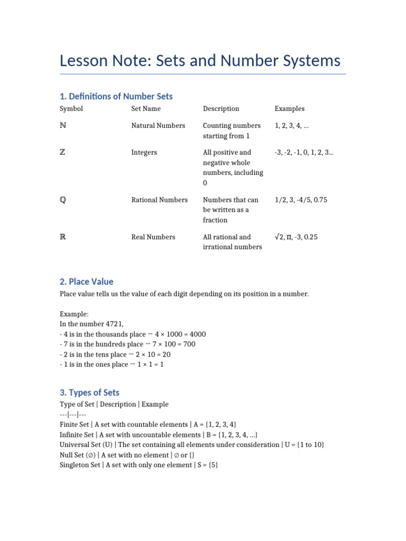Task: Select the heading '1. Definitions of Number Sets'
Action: point(116,96)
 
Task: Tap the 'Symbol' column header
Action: point(71,109)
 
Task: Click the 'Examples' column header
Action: point(289,109)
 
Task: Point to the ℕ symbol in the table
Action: point(63,126)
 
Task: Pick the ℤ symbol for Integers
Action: point(63,153)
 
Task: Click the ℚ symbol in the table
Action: point(63,200)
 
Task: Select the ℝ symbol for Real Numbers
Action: point(63,237)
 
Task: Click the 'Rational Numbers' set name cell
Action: point(159,200)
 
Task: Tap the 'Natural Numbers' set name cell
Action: point(158,126)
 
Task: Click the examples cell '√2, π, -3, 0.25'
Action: point(303,237)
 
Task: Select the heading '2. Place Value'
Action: point(87,282)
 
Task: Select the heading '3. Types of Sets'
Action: point(90,393)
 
